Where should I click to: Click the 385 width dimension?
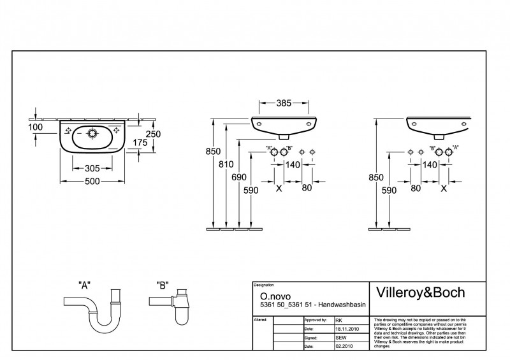pyautogui.click(x=284, y=102)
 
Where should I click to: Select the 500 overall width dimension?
pyautogui.click(x=92, y=183)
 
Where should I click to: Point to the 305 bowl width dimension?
pyautogui.click(x=92, y=168)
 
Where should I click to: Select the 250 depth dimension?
pyautogui.click(x=153, y=134)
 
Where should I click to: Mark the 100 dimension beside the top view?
pyautogui.click(x=36, y=127)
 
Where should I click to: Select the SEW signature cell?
pyautogui.click(x=341, y=338)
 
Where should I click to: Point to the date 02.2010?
pyautogui.click(x=343, y=347)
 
